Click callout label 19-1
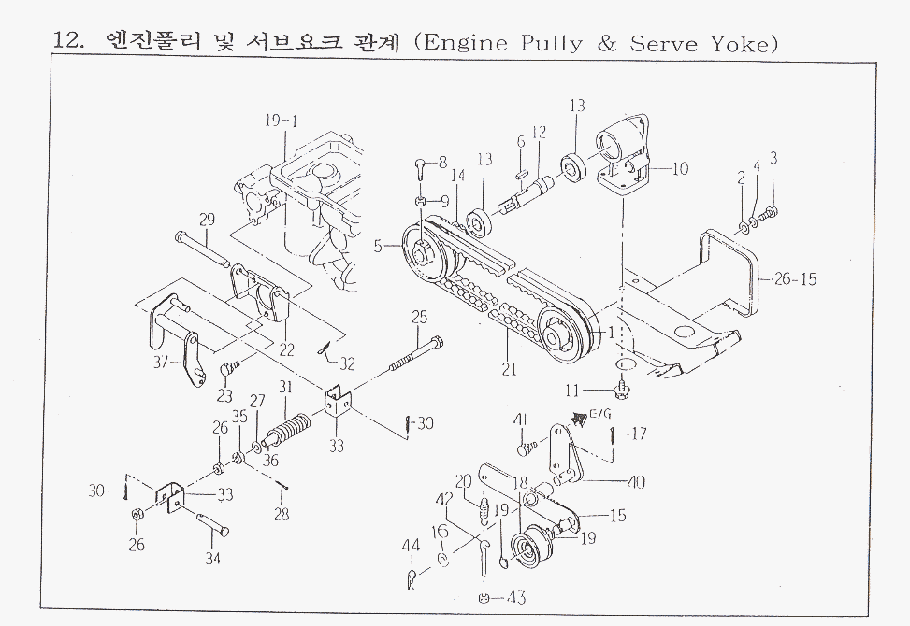click(x=281, y=121)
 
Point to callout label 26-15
click(x=796, y=278)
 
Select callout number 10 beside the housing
click(x=680, y=168)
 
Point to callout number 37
click(x=162, y=362)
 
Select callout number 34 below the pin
click(x=214, y=558)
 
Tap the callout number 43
click(x=517, y=597)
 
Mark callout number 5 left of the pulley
click(x=379, y=247)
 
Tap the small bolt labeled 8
click(x=421, y=168)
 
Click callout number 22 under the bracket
click(x=286, y=350)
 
